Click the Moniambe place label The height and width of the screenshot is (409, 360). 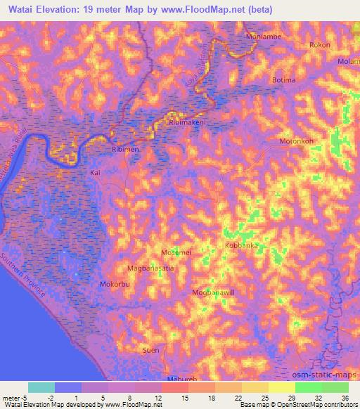pyautogui.click(x=262, y=35)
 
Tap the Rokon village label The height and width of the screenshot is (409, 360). pyautogui.click(x=320, y=45)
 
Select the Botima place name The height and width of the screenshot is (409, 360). pyautogui.click(x=283, y=80)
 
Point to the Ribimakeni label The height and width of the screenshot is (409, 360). pyautogui.click(x=187, y=122)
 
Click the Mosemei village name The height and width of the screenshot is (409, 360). pyautogui.click(x=176, y=251)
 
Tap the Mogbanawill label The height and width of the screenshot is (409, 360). pyautogui.click(x=213, y=292)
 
